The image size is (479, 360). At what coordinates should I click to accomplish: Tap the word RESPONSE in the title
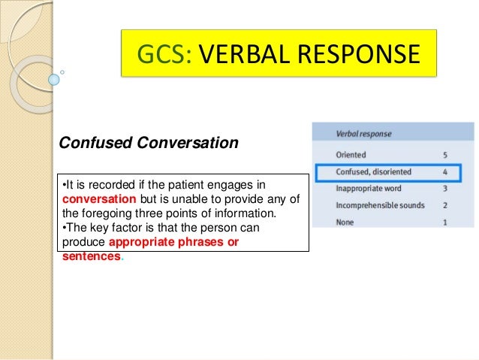pyautogui.click(x=361, y=53)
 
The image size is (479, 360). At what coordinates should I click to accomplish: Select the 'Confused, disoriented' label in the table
pyautogui.click(x=374, y=172)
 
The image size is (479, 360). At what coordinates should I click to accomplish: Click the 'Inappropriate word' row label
pyautogui.click(x=369, y=189)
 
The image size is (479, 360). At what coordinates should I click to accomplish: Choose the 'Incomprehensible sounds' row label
pyautogui.click(x=380, y=205)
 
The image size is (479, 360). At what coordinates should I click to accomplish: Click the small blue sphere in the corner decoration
pyautogui.click(x=53, y=78)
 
